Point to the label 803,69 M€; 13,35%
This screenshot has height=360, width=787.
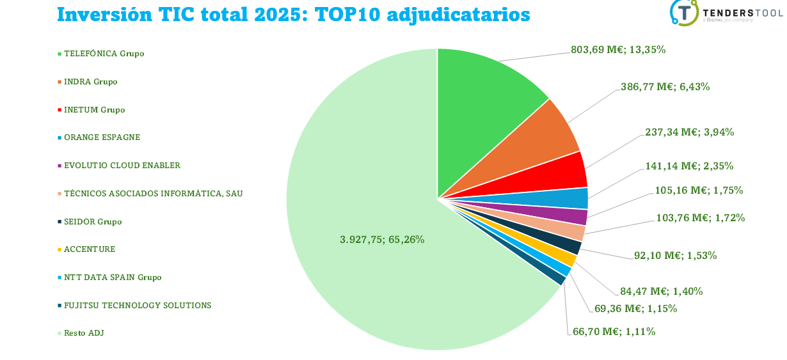click(x=618, y=49)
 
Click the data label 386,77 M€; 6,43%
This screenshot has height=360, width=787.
click(x=665, y=86)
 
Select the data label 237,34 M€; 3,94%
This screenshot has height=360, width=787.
click(x=689, y=132)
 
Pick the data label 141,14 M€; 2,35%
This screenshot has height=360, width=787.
click(x=688, y=166)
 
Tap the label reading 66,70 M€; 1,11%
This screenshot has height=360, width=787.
click(x=614, y=331)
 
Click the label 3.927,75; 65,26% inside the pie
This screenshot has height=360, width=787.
click(x=382, y=239)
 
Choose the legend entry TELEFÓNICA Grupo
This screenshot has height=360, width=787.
click(x=104, y=54)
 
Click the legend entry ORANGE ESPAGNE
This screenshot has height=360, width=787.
click(x=102, y=137)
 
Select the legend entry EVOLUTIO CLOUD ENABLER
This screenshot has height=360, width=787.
click(x=122, y=166)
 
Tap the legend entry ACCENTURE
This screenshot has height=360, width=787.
click(x=90, y=249)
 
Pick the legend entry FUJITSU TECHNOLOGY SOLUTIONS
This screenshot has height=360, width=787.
click(x=137, y=306)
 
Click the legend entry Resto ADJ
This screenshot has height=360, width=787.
click(x=83, y=333)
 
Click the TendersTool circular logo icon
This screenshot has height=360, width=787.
click(x=684, y=12)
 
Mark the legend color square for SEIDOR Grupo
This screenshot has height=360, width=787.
click(x=60, y=222)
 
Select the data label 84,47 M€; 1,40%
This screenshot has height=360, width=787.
click(x=662, y=291)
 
